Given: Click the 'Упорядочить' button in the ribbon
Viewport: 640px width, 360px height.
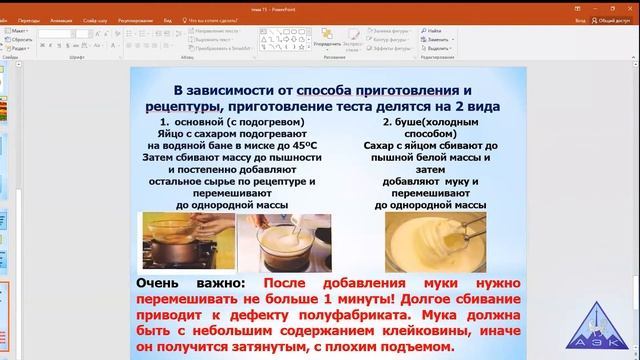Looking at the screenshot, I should click(326, 45).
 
